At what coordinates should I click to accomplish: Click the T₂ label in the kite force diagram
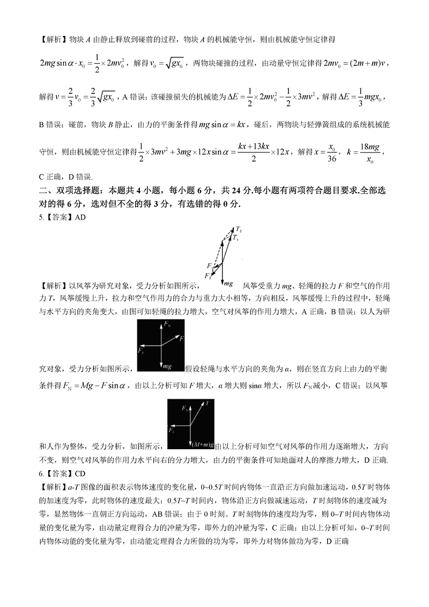[x=238, y=229]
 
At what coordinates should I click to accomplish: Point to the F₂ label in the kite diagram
[x=208, y=276]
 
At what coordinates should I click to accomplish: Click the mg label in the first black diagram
[x=167, y=365]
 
